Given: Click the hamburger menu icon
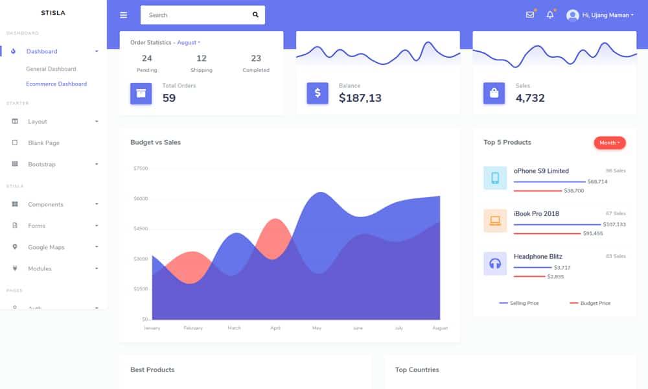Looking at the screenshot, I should tap(124, 15).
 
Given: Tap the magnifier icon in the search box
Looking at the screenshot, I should tap(255, 15).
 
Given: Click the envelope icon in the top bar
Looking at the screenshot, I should tap(530, 15).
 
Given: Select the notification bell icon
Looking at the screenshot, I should tap(550, 15).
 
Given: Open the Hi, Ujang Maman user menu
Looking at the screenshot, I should tap(600, 15).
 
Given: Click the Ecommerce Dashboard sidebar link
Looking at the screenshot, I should tap(56, 84).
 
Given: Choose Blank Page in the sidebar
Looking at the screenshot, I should tap(43, 143).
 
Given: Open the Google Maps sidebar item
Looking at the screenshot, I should tap(46, 247).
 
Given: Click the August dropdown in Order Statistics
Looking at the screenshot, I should tap(189, 42).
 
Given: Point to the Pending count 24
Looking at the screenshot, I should tap(146, 58).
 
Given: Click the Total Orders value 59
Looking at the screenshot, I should tap(169, 98).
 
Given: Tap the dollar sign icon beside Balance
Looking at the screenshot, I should tap(318, 93).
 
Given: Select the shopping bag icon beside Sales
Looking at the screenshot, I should tap(494, 93).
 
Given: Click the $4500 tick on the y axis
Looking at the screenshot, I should tap(140, 228).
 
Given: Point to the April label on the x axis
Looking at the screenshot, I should tap(275, 328).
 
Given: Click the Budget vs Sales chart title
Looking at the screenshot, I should tap(156, 142).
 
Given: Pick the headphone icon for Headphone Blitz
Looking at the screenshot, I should tap(495, 263).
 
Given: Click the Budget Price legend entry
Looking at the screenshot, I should tap(590, 303).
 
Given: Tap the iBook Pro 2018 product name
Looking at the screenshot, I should tap(537, 213).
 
